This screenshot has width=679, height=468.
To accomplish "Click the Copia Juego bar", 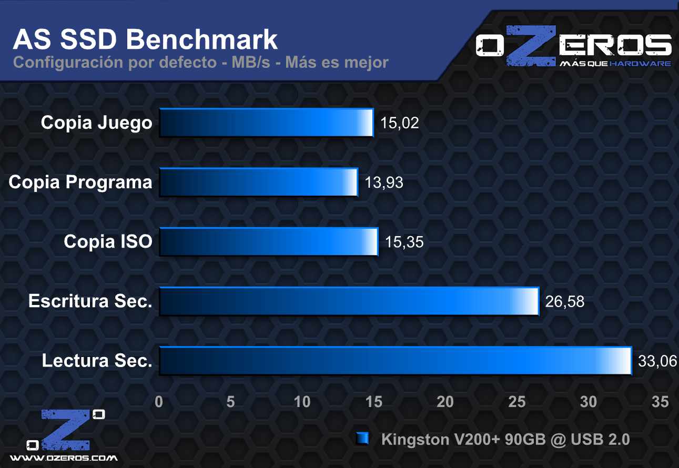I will point(266,123).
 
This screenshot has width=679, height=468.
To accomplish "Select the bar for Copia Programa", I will point(258,182).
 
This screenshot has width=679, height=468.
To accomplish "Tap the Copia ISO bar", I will point(268,242).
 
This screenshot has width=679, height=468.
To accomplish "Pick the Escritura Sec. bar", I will point(349,301).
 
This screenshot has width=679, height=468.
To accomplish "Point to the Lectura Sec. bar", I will point(394,361).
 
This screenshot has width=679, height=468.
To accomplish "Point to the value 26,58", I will point(565,302).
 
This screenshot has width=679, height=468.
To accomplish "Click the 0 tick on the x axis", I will point(159,401).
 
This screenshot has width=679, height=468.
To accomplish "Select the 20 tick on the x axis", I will point(445,401).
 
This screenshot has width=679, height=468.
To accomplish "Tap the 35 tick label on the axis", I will point(660,401).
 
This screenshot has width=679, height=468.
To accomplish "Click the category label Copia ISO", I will point(108,242).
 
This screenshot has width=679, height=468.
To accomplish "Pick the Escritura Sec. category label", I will point(90,301).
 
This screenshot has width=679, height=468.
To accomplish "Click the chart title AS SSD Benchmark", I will point(145,39).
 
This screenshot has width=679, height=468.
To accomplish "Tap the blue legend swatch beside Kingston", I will point(362,439).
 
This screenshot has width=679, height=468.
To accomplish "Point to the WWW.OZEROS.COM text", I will point(64,458).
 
